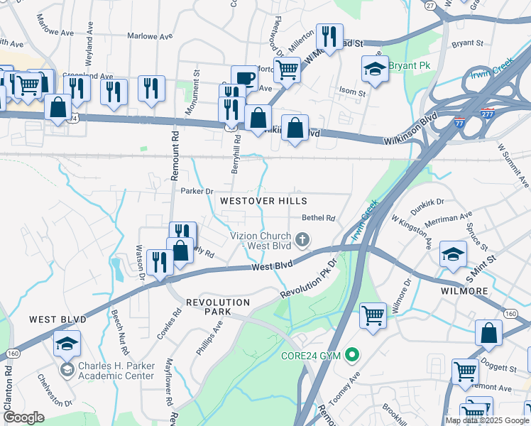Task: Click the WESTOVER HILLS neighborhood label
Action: tap(263, 202)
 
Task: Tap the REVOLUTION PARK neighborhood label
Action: tap(218, 302)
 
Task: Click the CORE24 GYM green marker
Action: tap(351, 355)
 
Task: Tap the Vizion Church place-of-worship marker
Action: tap(303, 240)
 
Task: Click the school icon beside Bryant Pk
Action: tap(376, 70)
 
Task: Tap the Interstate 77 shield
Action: tap(460, 123)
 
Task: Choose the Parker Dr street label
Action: tap(197, 191)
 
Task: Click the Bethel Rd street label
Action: tap(318, 219)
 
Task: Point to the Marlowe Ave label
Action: tap(150, 35)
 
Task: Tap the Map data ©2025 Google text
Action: tap(486, 420)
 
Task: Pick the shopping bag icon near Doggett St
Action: tap(489, 333)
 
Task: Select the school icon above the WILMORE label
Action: tap(453, 253)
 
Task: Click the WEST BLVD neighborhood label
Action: tap(58, 320)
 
